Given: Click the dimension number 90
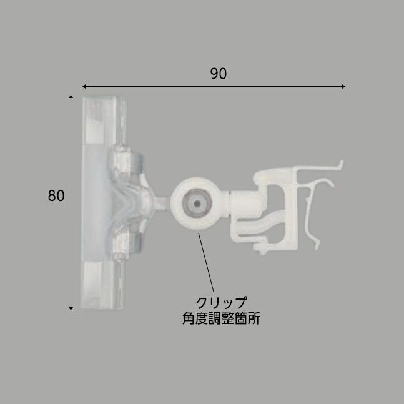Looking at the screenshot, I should pyautogui.click(x=218, y=73).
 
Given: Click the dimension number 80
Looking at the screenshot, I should pyautogui.click(x=56, y=195).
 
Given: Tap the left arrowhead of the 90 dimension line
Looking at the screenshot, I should pyautogui.click(x=85, y=86).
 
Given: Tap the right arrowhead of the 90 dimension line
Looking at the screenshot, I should pyautogui.click(x=343, y=86).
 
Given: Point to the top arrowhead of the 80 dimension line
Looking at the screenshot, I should pyautogui.click(x=71, y=98).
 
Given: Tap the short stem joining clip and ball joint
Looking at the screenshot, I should pyautogui.click(x=161, y=203).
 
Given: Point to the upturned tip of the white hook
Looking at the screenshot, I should pyautogui.click(x=340, y=164).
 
